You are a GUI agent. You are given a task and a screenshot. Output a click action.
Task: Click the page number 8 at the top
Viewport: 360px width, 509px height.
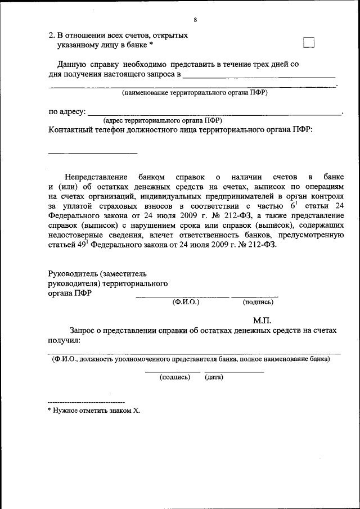(195, 20)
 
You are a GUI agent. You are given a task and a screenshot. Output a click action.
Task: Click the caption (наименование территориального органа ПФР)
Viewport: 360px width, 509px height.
(195, 93)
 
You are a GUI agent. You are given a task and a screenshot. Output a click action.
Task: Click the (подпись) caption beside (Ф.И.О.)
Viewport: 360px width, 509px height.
(258, 302)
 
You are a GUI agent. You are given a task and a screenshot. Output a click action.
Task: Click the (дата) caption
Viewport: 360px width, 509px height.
(214, 377)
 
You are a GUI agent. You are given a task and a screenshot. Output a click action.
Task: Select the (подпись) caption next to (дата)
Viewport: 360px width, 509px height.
(175, 377)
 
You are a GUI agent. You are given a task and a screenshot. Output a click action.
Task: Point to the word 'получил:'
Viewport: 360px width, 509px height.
(65, 340)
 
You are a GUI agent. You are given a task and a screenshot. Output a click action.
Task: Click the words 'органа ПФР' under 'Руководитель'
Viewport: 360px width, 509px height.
(71, 293)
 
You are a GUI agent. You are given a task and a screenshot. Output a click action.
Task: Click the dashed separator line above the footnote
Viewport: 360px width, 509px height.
(86, 403)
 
